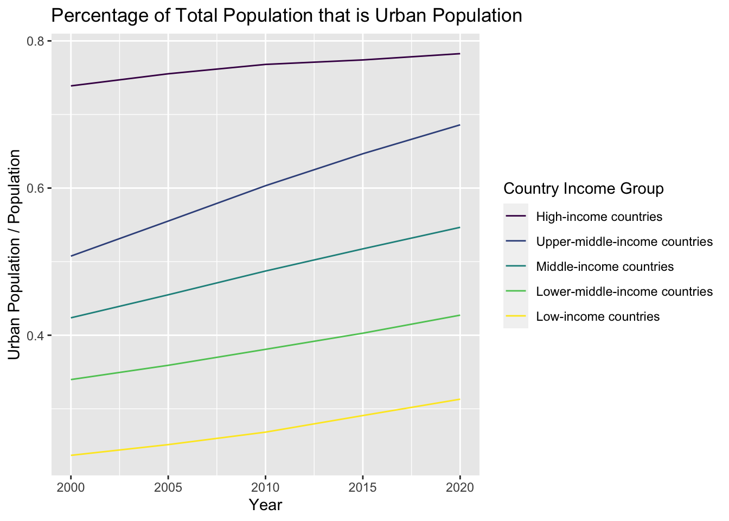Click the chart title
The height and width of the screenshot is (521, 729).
(286, 16)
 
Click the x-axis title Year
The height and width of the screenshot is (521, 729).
(265, 505)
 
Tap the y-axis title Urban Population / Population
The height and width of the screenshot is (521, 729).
(15, 255)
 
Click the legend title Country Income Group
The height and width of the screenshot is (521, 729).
(584, 189)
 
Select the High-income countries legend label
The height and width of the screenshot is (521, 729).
(599, 217)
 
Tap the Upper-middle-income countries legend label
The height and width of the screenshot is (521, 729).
(624, 242)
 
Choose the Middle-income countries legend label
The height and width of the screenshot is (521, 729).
(604, 267)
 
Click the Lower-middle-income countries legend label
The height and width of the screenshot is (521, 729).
(624, 292)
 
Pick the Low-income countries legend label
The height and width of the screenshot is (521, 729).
(597, 317)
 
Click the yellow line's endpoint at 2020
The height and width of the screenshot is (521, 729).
(459, 399)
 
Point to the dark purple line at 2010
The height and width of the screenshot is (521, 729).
(265, 65)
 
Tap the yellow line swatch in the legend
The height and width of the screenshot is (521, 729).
(516, 317)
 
